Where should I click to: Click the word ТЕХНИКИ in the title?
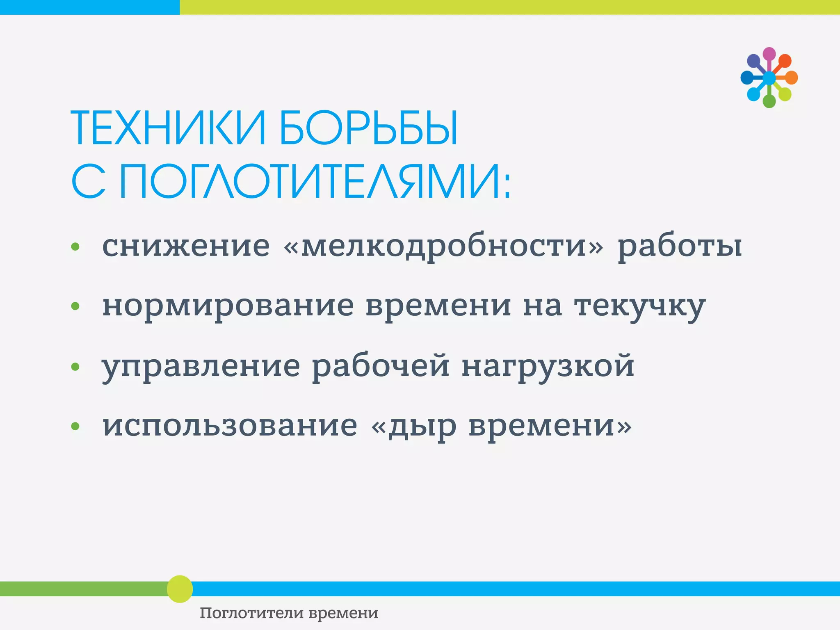pos(169,128)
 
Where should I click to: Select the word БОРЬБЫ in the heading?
pos(368,128)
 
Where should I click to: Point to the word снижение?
pos(186,246)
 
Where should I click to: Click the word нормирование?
pos(228,307)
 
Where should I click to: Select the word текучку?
pos(639,307)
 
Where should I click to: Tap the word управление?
pos(201,367)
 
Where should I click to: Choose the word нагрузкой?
pos(548,367)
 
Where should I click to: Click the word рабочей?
pos(380,366)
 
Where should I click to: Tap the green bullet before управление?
pos(75,366)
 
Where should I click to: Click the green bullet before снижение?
pos(75,247)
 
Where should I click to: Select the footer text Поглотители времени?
pos(289,613)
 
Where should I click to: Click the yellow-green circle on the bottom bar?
pos(180,589)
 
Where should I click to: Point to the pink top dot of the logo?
pos(769,54)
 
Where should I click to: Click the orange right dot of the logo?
pos(791,78)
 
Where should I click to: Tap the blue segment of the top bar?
pos(89,7)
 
